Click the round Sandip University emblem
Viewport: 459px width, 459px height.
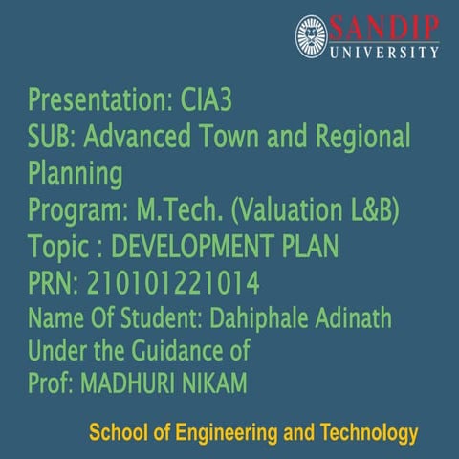[312, 36]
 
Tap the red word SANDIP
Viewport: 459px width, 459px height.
[384, 27]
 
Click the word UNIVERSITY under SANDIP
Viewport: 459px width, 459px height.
[384, 52]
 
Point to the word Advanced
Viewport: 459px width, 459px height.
[138, 138]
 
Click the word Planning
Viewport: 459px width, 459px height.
[76, 175]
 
